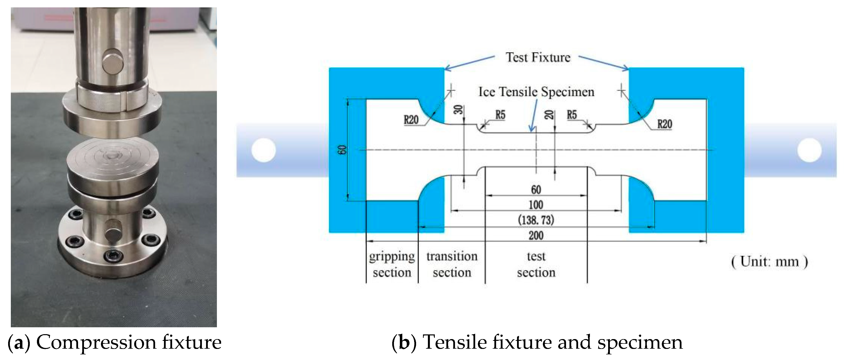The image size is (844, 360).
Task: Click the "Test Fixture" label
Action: [x=538, y=57]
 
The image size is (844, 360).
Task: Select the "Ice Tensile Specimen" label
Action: [x=536, y=92]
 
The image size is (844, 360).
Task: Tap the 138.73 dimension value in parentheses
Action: [x=536, y=220]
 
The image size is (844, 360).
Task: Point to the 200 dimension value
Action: [x=536, y=235]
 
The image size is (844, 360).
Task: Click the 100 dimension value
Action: [x=536, y=205]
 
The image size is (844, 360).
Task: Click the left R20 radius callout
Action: [x=411, y=120]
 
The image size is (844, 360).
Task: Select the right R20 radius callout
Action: [x=665, y=124]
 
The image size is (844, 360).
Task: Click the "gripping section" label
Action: [x=392, y=264]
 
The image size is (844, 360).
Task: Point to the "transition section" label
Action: [x=452, y=264]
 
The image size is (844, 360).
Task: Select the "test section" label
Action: [x=536, y=264]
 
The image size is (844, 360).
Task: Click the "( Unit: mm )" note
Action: [x=769, y=262]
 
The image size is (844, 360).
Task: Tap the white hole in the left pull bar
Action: [x=263, y=150]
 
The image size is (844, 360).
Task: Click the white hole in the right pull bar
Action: [x=809, y=150]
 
